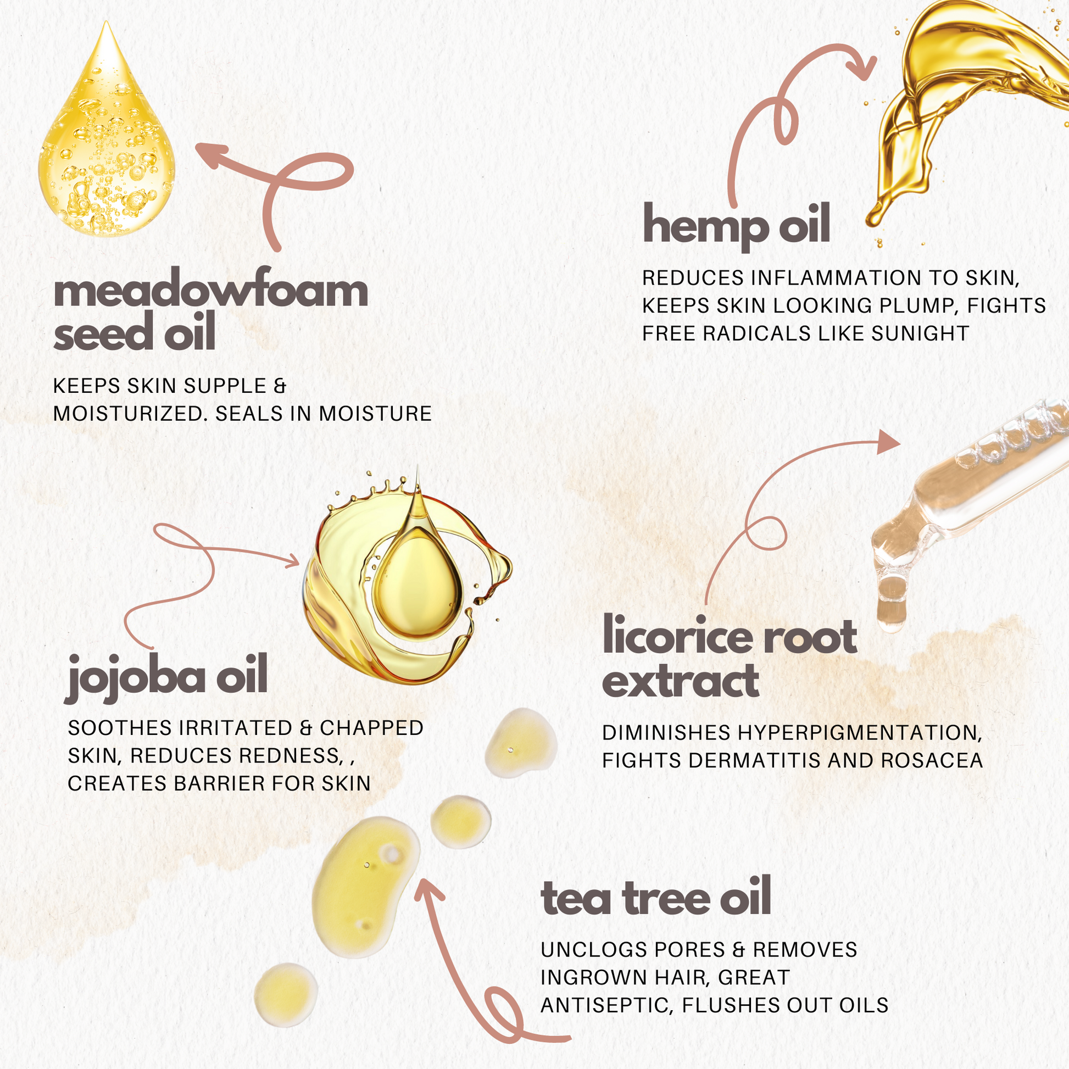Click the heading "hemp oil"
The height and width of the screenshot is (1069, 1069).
click(x=736, y=226)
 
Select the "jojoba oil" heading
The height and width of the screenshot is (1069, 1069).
click(x=166, y=676)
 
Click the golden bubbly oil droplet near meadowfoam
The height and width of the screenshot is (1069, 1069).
click(x=106, y=133)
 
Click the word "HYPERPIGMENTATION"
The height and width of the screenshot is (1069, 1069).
click(x=859, y=733)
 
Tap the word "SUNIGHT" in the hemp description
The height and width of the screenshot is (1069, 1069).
click(x=920, y=333)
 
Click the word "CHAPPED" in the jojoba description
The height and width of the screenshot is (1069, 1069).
click(x=372, y=728)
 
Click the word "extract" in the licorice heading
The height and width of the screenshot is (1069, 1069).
click(x=681, y=681)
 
